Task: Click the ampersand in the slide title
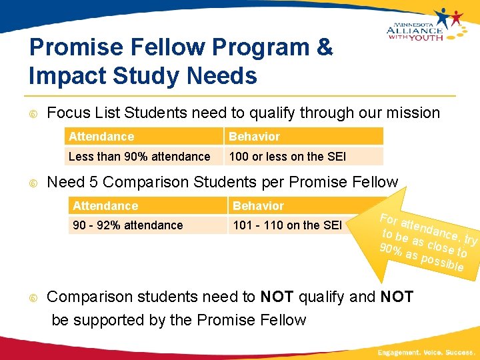(323, 48)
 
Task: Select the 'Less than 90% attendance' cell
(139, 157)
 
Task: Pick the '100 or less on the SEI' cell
(287, 157)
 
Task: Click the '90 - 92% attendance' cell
(127, 225)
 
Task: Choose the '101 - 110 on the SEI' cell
(287, 225)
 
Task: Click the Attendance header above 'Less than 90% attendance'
(101, 137)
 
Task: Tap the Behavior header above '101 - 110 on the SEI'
(258, 206)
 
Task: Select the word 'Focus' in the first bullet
(69, 113)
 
